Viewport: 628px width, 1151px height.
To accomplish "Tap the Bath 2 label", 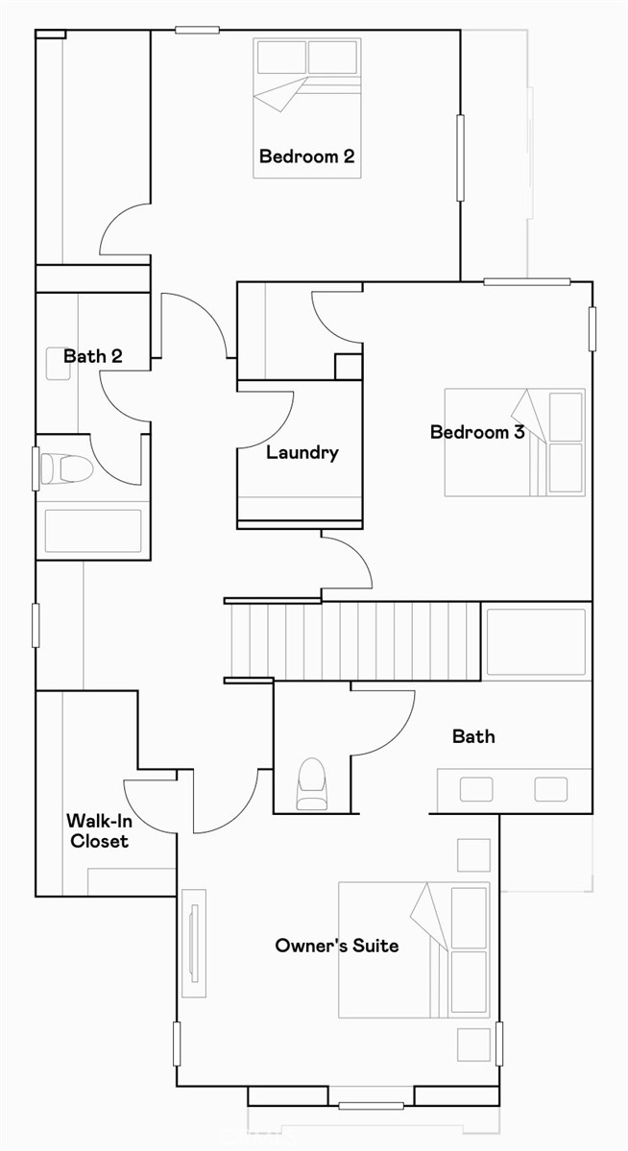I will [92, 356].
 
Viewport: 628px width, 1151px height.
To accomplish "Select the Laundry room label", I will [302, 452].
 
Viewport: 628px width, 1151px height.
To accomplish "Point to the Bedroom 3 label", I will [476, 432].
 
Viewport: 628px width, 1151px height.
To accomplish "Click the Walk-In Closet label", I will [97, 830].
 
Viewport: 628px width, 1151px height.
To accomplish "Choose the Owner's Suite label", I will [336, 946].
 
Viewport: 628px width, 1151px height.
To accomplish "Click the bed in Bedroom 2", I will [307, 108].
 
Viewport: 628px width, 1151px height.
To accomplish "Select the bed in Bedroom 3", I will [515, 443].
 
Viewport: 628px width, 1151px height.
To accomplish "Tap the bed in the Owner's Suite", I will [414, 950].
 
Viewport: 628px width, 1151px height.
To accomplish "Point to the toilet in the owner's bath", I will [312, 784].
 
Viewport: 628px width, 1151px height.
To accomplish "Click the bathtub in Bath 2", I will [93, 531].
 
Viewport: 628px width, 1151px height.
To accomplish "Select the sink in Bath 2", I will [59, 363].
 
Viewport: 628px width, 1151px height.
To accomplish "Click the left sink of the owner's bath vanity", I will [476, 789].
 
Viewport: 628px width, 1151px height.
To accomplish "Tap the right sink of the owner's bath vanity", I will [550, 789].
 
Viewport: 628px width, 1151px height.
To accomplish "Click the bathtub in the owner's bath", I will [536, 642].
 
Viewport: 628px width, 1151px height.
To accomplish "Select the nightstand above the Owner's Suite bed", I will [473, 854].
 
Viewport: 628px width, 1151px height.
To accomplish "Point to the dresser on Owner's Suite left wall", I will [195, 943].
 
